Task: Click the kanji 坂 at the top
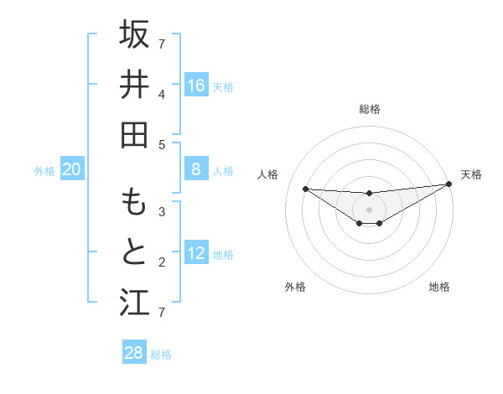pyautogui.click(x=134, y=35)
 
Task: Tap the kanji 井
pyautogui.click(x=134, y=85)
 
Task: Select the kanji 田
pyautogui.click(x=134, y=134)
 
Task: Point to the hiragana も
pyautogui.click(x=134, y=202)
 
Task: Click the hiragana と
pyautogui.click(x=134, y=251)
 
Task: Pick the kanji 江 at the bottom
pyautogui.click(x=134, y=302)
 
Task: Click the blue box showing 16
pyautogui.click(x=196, y=86)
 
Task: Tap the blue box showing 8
pyautogui.click(x=196, y=170)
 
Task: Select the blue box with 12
pyautogui.click(x=196, y=254)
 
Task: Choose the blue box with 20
pyautogui.click(x=72, y=170)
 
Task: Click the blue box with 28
pyautogui.click(x=134, y=353)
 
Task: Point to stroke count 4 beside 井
pyautogui.click(x=162, y=94)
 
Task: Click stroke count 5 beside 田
pyautogui.click(x=162, y=144)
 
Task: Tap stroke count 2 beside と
pyautogui.click(x=162, y=262)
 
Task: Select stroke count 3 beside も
pyautogui.click(x=162, y=212)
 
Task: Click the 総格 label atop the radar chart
pyautogui.click(x=369, y=109)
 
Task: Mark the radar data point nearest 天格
pyautogui.click(x=449, y=184)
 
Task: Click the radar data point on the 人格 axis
pyautogui.click(x=305, y=189)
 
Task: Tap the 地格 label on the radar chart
pyautogui.click(x=439, y=288)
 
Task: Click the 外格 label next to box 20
pyautogui.click(x=44, y=171)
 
